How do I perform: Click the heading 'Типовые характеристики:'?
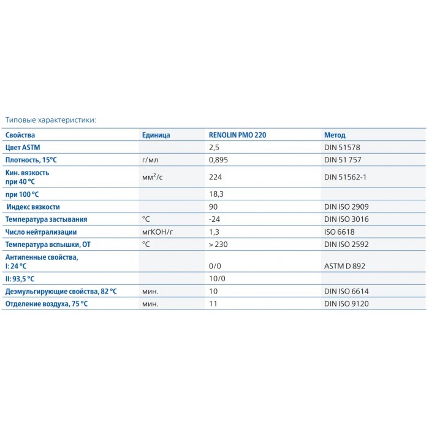point(51,120)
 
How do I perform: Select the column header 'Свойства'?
point(21,135)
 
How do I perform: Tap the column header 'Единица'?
point(156,135)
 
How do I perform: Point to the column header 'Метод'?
point(335,135)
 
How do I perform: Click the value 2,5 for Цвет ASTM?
point(214,148)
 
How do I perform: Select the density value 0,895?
point(218,160)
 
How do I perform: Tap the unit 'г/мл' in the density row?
point(150,160)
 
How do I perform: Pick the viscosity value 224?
point(214,177)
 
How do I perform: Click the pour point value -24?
point(214,219)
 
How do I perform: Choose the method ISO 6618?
point(340,232)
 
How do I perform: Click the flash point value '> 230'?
point(219,244)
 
